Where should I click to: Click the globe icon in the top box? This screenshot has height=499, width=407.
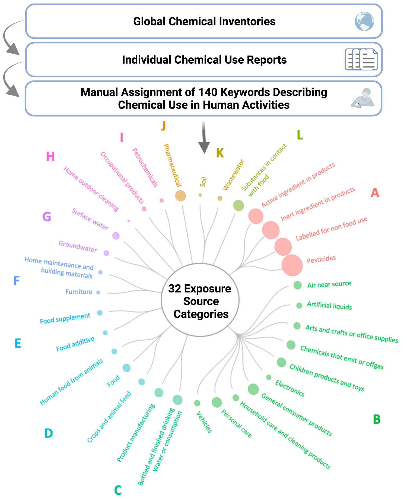point(364,21)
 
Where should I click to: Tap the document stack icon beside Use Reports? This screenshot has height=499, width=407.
point(361,59)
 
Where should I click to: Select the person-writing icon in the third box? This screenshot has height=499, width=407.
point(363,98)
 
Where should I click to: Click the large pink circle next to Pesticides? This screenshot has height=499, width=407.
point(292,265)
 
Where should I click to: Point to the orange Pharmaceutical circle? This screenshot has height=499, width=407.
point(180,195)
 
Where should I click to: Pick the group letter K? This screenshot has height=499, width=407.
point(220,153)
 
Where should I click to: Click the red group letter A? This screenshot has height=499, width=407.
point(375,193)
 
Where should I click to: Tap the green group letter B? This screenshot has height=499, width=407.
point(377,419)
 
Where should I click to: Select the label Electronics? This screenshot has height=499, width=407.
point(290,388)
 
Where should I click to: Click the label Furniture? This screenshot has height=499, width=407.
point(79,292)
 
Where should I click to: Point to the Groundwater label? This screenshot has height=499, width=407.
point(78,246)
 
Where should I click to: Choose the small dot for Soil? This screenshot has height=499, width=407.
point(200,195)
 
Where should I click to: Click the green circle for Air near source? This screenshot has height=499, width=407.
point(298,285)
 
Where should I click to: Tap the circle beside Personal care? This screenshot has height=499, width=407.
point(217,402)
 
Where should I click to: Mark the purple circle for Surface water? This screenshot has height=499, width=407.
point(116,236)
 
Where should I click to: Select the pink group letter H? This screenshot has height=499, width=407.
point(50,156)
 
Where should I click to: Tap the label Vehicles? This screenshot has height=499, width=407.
point(204,422)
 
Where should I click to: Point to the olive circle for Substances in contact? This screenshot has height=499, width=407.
point(239,205)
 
